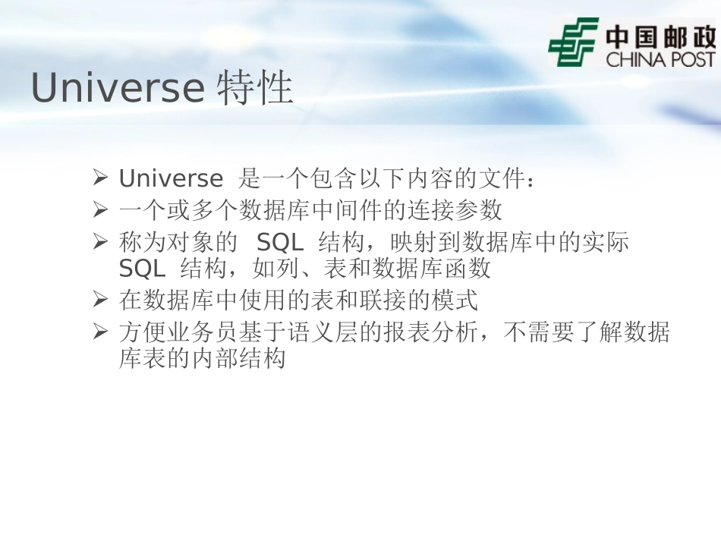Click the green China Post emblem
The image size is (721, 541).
coord(573,42)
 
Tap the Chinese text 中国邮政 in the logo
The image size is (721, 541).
coord(660,36)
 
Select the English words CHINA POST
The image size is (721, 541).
coord(660,59)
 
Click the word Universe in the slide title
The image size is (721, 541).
coord(118,90)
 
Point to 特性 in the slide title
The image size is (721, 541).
coord(255,90)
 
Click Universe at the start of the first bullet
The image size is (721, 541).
coord(171,179)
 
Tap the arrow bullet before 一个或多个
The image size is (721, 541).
coord(101,209)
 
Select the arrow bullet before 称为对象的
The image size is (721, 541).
coord(101,242)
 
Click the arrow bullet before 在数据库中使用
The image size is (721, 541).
coord(101,300)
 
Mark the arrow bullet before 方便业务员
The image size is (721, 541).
coord(101,332)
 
